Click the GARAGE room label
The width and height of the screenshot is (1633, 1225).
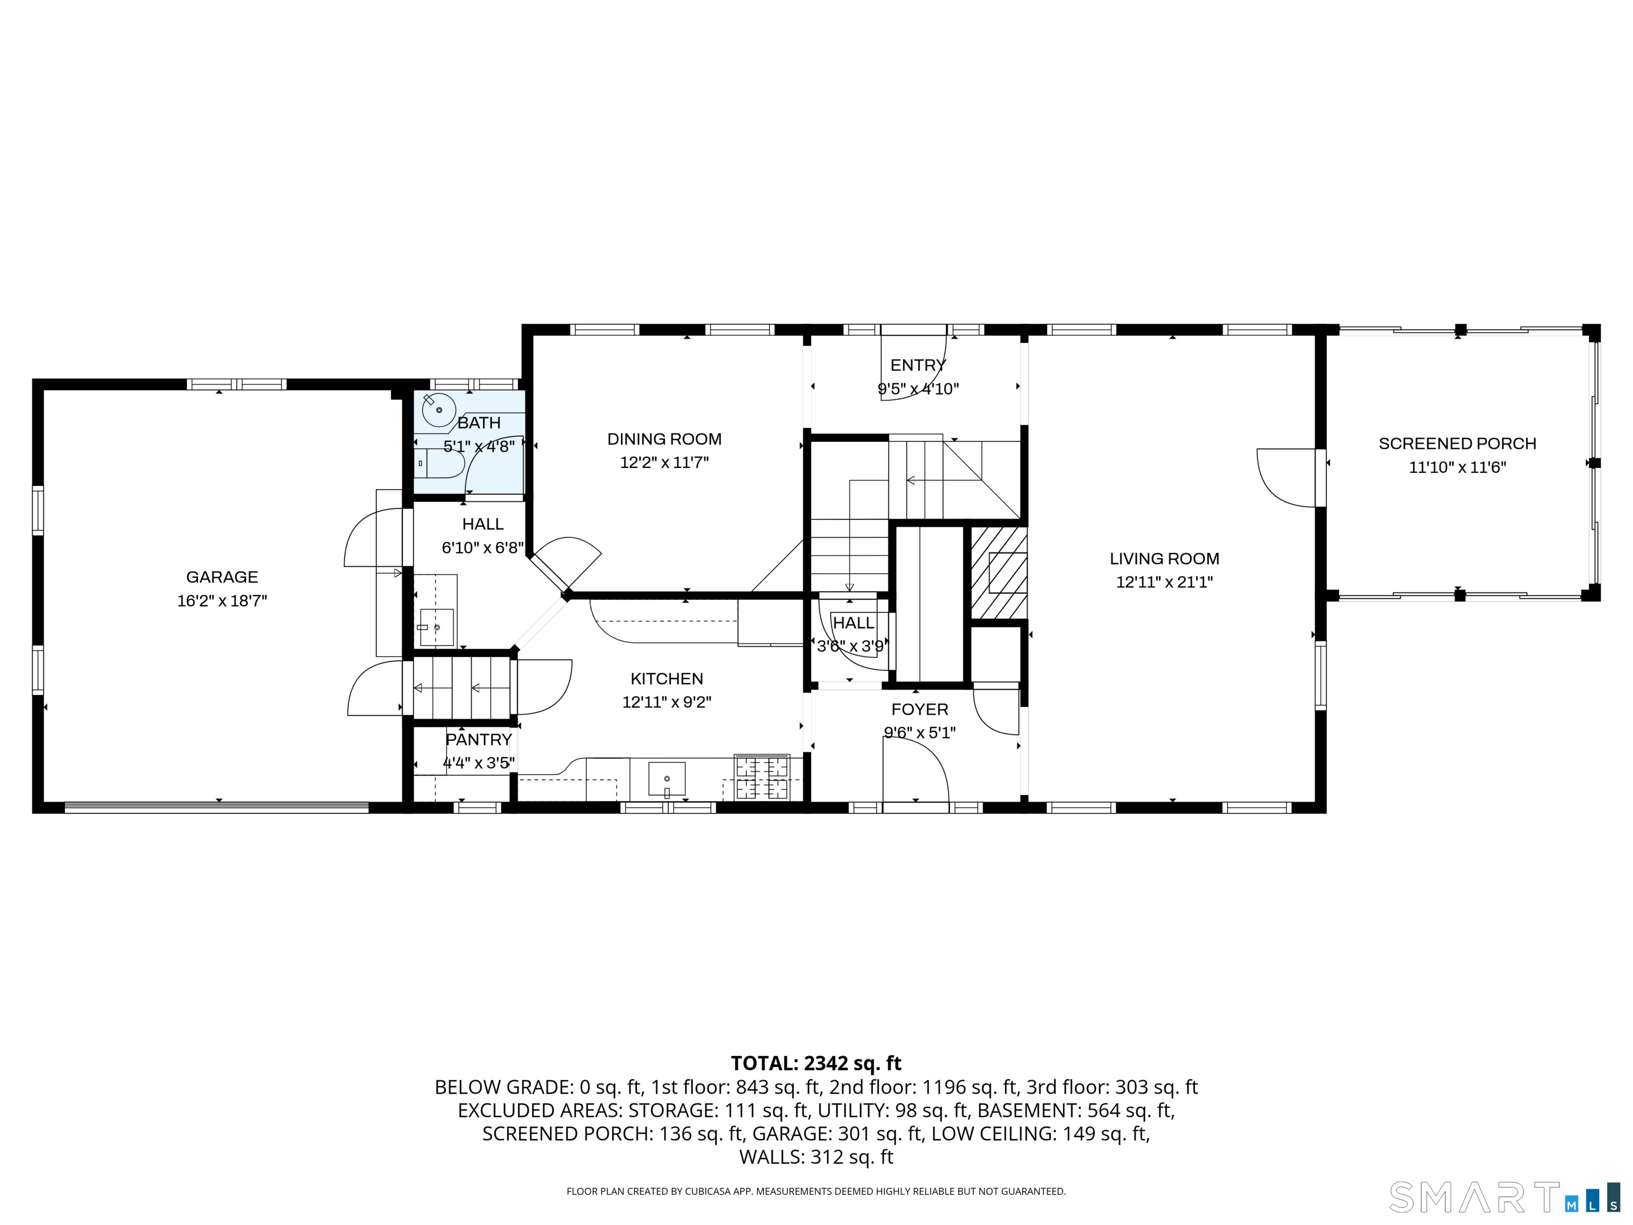click(222, 577)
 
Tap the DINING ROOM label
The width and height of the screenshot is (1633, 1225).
click(664, 439)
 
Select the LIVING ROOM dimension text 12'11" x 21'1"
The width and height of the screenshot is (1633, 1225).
click(1164, 582)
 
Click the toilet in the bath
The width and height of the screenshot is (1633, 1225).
click(440, 463)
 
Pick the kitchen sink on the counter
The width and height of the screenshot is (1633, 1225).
click(667, 779)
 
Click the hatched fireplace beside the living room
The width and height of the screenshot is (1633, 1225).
click(998, 572)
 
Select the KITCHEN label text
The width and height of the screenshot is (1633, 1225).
click(667, 678)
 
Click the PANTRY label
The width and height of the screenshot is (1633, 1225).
click(478, 739)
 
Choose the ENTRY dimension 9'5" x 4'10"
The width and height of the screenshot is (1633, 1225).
click(919, 389)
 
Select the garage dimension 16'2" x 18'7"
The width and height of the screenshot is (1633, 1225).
click(222, 600)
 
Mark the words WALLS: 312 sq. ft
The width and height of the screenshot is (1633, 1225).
click(816, 1156)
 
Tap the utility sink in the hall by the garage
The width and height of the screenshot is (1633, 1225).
click(436, 627)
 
